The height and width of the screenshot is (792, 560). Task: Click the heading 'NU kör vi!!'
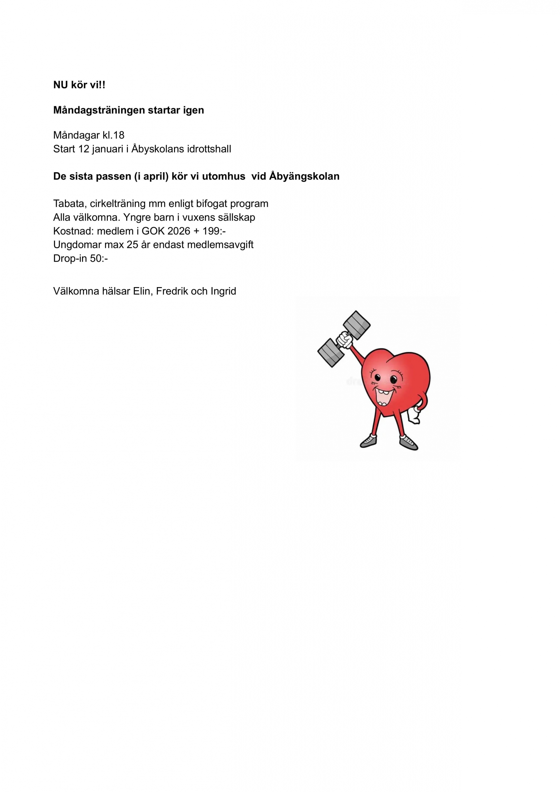[x=79, y=85]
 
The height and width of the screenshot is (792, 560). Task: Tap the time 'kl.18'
[x=113, y=135]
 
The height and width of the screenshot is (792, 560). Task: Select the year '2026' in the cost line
[x=179, y=231]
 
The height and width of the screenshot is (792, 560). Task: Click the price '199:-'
[x=214, y=231]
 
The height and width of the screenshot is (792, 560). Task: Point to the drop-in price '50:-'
[x=99, y=258]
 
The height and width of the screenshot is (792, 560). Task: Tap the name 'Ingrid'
[x=223, y=291]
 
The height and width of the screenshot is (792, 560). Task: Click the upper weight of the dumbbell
[x=357, y=324]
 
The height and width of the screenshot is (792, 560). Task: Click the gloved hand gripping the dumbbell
[x=344, y=341]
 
